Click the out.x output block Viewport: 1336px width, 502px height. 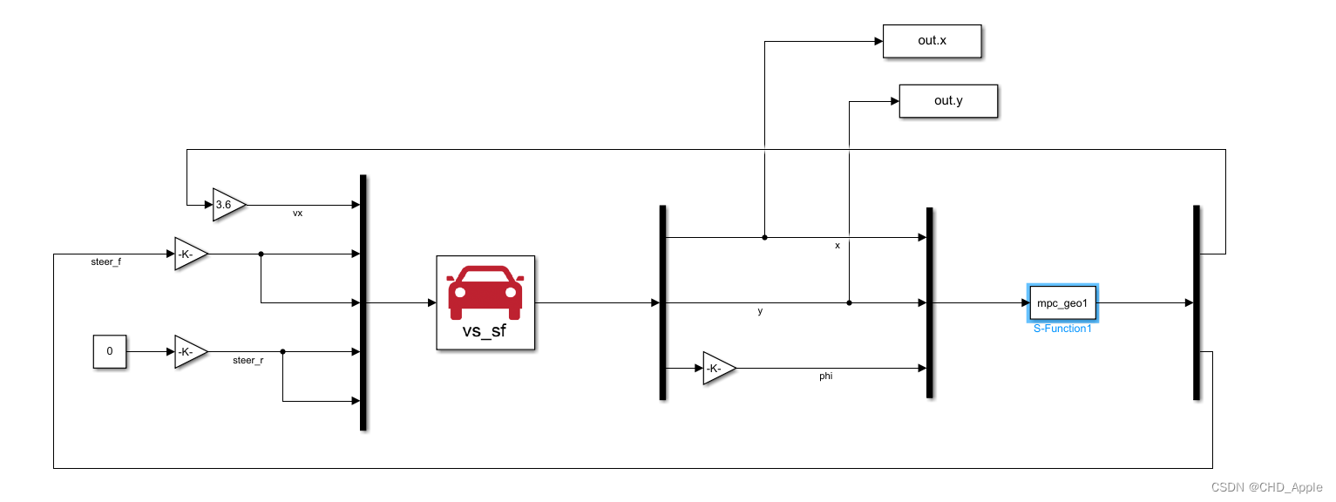[x=932, y=41]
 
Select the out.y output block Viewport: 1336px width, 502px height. [x=947, y=101]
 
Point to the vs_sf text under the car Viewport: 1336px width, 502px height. [x=485, y=332]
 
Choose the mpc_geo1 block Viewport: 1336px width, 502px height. [x=1062, y=303]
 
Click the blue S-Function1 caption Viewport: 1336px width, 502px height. [x=1062, y=329]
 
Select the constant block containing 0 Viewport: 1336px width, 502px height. [x=110, y=351]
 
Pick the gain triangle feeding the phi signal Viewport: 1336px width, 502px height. [x=717, y=369]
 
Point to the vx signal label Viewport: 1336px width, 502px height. [x=297, y=214]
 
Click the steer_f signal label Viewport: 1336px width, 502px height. [x=106, y=261]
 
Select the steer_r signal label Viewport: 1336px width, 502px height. [x=248, y=360]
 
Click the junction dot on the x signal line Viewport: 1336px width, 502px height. [x=764, y=237]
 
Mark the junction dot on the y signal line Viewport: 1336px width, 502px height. [x=849, y=303]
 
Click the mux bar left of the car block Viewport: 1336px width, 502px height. [x=363, y=302]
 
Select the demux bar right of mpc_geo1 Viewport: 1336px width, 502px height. [x=1196, y=302]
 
